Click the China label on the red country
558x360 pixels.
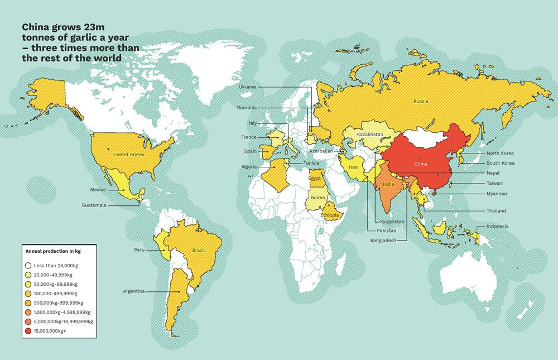point(421,165)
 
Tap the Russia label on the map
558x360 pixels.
point(421,102)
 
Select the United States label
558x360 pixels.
point(129,155)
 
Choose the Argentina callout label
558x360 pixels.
point(134,291)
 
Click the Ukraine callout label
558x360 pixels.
point(247,87)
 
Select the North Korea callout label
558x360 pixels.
point(500,153)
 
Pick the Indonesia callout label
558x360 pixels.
point(497,226)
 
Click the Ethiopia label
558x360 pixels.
point(330,215)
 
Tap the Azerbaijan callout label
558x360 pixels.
point(321,151)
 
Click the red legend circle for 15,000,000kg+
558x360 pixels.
point(28,332)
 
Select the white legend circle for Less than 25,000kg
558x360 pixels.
point(28,265)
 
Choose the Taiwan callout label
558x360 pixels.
point(494,183)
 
